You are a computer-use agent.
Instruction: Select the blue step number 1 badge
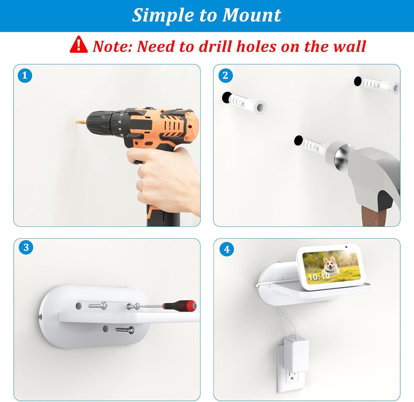tap(25, 76)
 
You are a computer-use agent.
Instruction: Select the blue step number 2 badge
tap(225, 76)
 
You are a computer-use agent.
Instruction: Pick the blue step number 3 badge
tap(26, 247)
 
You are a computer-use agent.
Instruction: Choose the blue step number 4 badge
tap(227, 249)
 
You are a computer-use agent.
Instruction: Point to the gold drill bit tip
tap(80, 121)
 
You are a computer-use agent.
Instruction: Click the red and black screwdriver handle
tap(180, 305)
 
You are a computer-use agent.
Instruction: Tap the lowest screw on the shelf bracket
tap(125, 330)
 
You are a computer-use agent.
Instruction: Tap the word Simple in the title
tap(163, 15)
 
